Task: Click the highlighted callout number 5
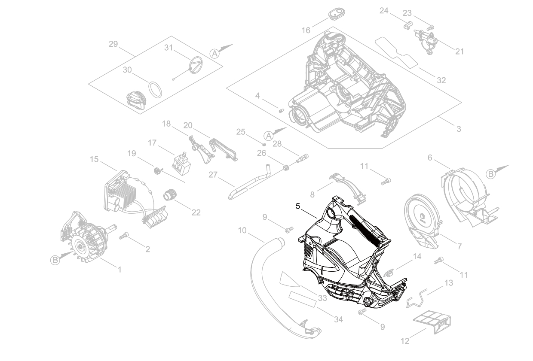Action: [x=298, y=206]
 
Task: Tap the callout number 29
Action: [x=113, y=45]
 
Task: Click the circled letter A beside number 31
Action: [x=214, y=53]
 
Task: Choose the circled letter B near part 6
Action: [x=491, y=173]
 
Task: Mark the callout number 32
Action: [x=441, y=80]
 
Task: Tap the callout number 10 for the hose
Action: [x=242, y=231]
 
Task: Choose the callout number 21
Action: [x=459, y=52]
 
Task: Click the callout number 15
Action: [x=94, y=159]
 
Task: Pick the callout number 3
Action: [x=459, y=129]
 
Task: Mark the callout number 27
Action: [x=213, y=175]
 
